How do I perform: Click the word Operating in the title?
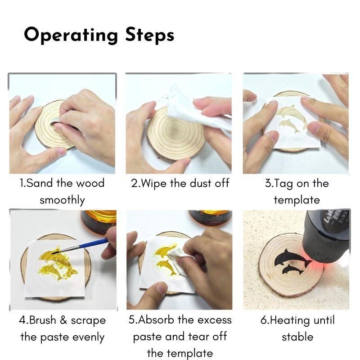click(x=71, y=35)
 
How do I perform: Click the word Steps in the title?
click(x=150, y=35)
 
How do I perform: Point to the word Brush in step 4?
click(x=43, y=320)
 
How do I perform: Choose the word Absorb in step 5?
click(x=156, y=319)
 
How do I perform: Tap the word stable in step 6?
click(x=297, y=337)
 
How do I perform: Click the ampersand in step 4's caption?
click(x=63, y=320)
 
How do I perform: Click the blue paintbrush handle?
click(x=94, y=243)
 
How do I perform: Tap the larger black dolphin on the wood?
click(x=291, y=258)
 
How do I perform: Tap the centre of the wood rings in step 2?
click(x=175, y=130)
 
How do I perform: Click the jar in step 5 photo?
click(x=210, y=218)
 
